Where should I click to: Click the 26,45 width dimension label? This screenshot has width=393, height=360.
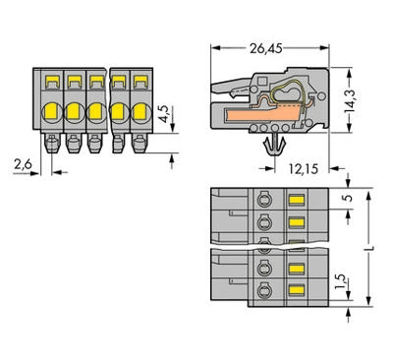click(265, 49)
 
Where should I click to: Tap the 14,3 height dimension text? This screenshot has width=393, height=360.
click(350, 100)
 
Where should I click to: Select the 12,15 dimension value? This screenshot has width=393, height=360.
click(304, 169)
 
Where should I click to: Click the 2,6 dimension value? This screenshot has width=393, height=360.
click(23, 164)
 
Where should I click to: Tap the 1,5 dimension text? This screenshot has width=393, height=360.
click(341, 282)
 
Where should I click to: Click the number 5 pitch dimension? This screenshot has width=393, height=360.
click(349, 198)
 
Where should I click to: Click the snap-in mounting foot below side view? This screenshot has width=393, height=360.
click(274, 145)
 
